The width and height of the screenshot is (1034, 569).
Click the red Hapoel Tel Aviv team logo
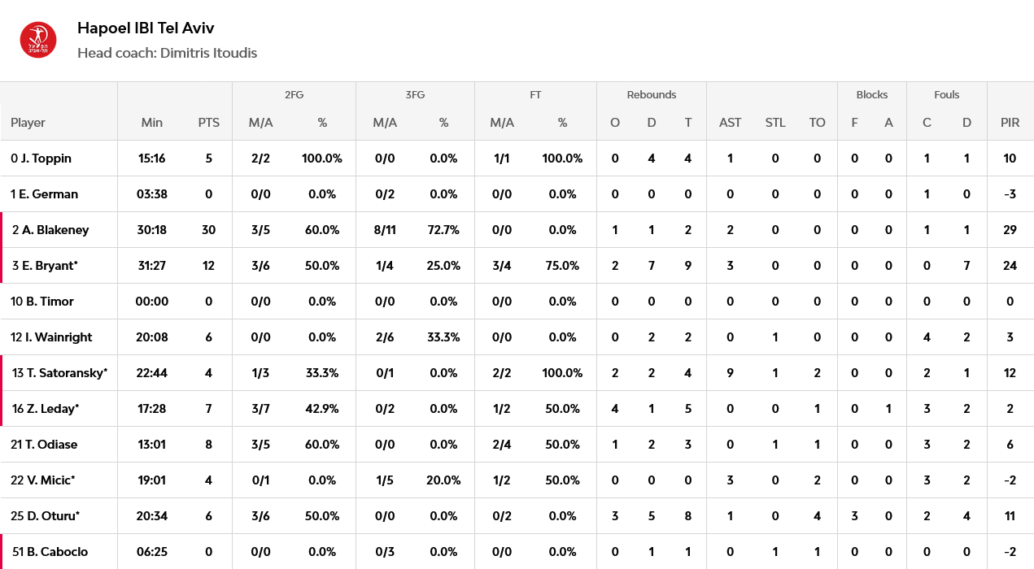(38, 40)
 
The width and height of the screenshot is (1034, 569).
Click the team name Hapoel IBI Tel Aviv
(146, 28)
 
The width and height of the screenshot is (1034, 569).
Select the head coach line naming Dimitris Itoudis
(167, 53)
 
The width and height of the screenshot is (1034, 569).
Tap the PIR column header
(1010, 123)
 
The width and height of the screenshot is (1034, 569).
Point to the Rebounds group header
(652, 94)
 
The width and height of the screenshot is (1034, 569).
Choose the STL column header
(775, 123)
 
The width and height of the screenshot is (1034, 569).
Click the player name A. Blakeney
(55, 229)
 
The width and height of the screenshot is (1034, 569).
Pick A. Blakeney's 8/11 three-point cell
(385, 229)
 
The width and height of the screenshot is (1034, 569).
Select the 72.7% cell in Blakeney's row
(443, 229)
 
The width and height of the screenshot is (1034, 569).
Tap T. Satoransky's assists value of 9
(730, 372)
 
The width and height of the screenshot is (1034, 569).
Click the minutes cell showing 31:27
(151, 266)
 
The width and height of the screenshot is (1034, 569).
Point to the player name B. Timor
(50, 302)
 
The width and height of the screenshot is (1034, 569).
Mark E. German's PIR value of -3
(1010, 194)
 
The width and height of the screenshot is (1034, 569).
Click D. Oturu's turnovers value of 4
(817, 516)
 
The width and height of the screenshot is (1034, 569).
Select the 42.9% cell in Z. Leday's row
(321, 409)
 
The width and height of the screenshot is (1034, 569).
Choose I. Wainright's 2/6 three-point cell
(385, 337)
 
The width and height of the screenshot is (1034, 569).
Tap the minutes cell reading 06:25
(151, 551)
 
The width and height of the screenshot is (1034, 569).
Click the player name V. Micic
(50, 480)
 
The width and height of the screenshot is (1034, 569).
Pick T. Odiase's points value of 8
(208, 445)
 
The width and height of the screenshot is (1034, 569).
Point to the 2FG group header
(294, 94)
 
